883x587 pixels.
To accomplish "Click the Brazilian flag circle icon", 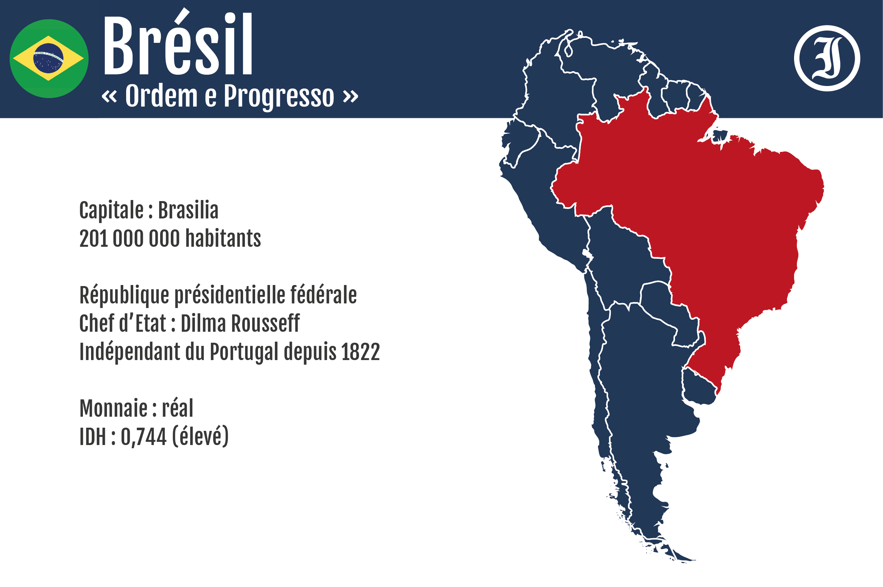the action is click(49, 59).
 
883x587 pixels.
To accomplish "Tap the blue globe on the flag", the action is click(48, 58).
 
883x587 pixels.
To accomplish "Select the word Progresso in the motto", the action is click(279, 97).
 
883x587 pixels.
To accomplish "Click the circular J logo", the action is click(827, 58).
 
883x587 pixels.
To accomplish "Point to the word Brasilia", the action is click(188, 210).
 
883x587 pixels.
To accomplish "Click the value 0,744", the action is click(144, 437).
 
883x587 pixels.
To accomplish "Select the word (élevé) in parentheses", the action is click(201, 437).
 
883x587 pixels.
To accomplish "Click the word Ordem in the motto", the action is click(162, 96).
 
